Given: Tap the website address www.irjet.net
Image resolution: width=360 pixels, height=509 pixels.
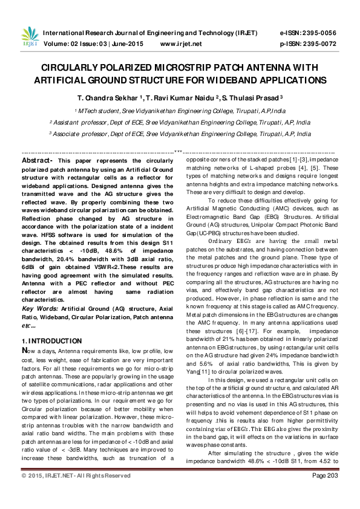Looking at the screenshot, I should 181,44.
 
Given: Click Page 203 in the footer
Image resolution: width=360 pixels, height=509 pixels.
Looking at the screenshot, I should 325,493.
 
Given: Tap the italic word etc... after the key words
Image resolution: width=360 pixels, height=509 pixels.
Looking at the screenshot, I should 29,324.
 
